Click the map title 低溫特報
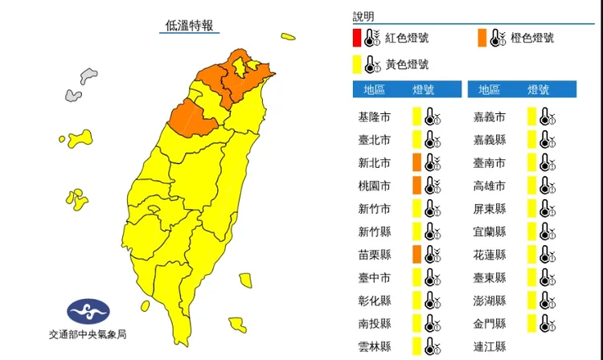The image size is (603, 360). pyautogui.click(x=190, y=25)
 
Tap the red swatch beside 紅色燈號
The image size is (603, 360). pyautogui.click(x=356, y=38)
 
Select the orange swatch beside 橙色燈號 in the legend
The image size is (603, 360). pyautogui.click(x=481, y=38)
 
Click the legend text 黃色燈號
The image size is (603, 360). pyautogui.click(x=407, y=64)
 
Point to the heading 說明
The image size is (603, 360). pyautogui.click(x=363, y=16)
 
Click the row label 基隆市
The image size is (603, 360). pyautogui.click(x=374, y=117)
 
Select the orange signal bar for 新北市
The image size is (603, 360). pyautogui.click(x=416, y=163)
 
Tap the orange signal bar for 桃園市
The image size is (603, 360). pyautogui.click(x=416, y=186)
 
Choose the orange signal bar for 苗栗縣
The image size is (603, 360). pyautogui.click(x=416, y=255)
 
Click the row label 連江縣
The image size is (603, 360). pyautogui.click(x=490, y=347)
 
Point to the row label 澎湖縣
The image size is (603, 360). pyautogui.click(x=490, y=301)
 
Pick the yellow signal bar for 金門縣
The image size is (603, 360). pyautogui.click(x=532, y=324)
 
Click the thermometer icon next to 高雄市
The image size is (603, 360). pyautogui.click(x=548, y=186)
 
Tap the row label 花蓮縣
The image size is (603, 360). pyautogui.click(x=490, y=255)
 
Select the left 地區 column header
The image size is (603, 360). pyautogui.click(x=374, y=89)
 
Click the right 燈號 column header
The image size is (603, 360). pyautogui.click(x=539, y=89)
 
